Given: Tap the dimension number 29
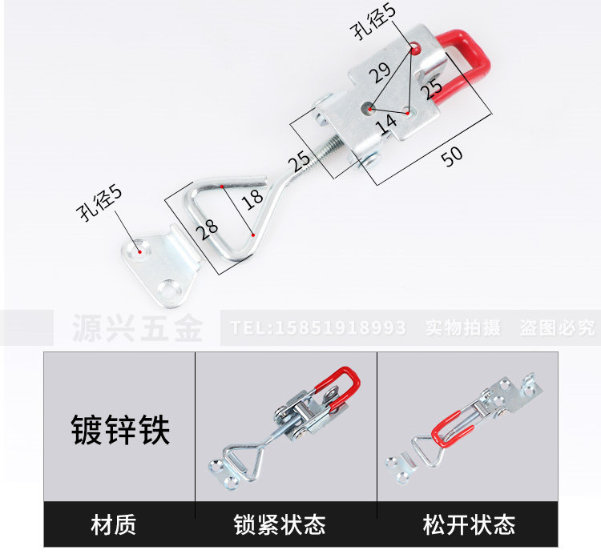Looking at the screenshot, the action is (x=381, y=76).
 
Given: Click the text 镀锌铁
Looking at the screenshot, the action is (x=119, y=430).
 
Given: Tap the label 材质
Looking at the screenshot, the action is (x=114, y=524).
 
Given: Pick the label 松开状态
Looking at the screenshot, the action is (x=469, y=524).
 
